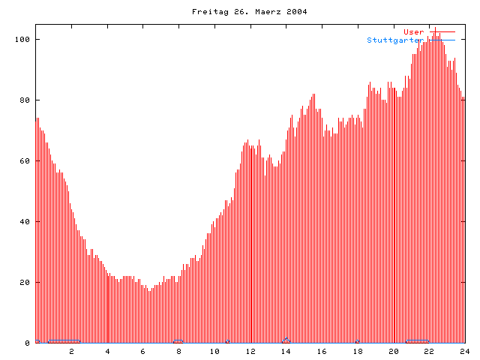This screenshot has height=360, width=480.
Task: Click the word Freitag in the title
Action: [206, 12]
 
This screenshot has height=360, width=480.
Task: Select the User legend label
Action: [413, 31]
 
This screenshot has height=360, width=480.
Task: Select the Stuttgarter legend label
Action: [395, 40]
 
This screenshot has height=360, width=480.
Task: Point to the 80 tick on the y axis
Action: [26, 100]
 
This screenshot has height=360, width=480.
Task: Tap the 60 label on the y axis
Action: [26, 160]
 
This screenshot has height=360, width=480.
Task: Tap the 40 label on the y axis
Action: [26, 221]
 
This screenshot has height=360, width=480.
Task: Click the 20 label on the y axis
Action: [26, 282]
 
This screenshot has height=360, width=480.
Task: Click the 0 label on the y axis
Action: [28, 343]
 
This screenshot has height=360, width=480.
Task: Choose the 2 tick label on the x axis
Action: [72, 351]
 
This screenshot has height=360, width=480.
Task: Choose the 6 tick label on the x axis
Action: [143, 351]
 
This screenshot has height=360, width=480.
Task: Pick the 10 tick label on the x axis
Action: [214, 351]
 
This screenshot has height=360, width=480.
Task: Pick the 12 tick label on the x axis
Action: [250, 351]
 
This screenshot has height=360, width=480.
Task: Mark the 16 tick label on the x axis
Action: [322, 351]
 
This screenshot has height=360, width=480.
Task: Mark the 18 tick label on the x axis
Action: [358, 351]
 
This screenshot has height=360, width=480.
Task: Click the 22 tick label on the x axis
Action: [429, 351]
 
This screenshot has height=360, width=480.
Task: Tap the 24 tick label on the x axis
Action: [464, 351]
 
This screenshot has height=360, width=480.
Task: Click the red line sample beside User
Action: [442, 31]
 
